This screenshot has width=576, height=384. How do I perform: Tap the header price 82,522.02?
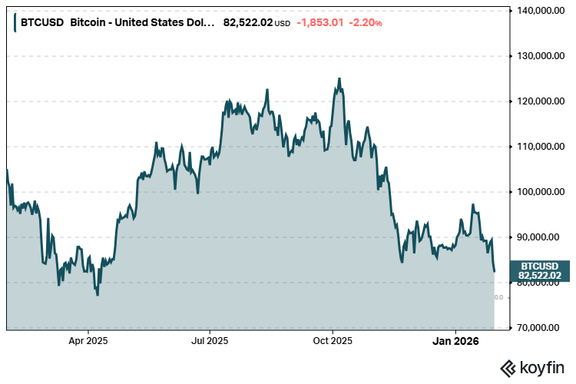pos(247,22)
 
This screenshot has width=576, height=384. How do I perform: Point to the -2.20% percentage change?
pos(365,22)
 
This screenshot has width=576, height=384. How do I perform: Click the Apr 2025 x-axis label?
pos(88,339)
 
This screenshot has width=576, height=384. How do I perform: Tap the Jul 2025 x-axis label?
pos(209,339)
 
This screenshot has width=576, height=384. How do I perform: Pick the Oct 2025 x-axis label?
pos(332,339)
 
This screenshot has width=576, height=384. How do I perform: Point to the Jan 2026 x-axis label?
pos(455,339)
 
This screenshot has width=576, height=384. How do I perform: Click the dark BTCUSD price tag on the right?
pos(539,270)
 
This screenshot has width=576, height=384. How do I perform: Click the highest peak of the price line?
pos(339,78)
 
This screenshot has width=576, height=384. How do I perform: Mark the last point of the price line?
pos(494,271)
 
